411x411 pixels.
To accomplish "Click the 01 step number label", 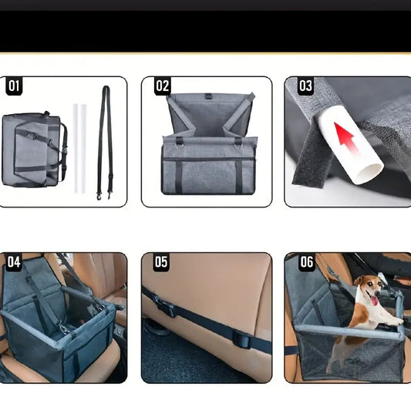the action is click(14, 86).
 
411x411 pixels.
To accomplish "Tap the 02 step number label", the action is click(163, 86).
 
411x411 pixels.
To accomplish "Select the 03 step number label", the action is click(305, 86).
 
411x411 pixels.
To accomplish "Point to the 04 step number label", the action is click(14, 262).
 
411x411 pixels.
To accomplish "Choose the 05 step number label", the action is click(161, 262).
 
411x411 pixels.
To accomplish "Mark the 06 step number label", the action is click(306, 262).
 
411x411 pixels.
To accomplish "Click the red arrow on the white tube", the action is click(345, 137).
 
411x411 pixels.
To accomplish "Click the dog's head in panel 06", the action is click(368, 288).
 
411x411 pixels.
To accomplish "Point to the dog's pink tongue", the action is click(375, 301).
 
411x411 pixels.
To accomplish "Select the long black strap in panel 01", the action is click(105, 143).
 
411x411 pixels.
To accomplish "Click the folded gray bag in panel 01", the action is click(34, 150).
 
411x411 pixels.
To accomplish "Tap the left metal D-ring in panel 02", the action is click(180, 144).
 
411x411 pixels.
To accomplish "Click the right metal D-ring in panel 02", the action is click(238, 144).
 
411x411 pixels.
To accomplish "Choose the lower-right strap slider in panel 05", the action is click(242, 339).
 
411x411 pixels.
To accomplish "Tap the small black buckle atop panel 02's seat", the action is click(208, 96).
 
